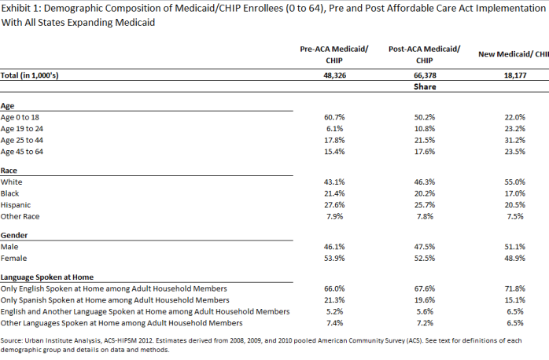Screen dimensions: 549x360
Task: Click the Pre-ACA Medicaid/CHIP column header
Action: point(334,54)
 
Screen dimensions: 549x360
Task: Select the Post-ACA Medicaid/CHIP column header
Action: point(425,54)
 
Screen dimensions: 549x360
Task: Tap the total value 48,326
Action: point(335,75)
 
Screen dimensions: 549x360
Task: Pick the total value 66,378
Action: point(425,75)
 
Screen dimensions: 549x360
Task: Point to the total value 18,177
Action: point(515,75)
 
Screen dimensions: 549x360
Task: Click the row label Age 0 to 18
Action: point(20,117)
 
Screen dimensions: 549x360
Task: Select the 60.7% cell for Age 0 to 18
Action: point(334,117)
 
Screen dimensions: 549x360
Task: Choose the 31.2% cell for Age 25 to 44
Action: point(515,140)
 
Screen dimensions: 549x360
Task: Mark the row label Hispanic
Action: point(16,205)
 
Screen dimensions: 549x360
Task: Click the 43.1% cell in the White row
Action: point(334,182)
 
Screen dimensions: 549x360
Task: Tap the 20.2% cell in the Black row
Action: point(425,193)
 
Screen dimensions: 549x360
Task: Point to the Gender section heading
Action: point(14,235)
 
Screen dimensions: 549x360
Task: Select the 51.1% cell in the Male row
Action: point(515,247)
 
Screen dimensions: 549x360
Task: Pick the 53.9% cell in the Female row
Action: point(334,258)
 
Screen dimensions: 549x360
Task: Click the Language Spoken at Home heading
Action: point(47,277)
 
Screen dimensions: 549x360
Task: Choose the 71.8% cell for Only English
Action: point(515,288)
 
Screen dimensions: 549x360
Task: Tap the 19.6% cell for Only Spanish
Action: point(425,300)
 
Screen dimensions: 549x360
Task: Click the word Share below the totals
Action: point(425,86)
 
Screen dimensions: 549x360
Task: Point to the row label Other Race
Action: point(20,217)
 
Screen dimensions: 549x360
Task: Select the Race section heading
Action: point(9,171)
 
